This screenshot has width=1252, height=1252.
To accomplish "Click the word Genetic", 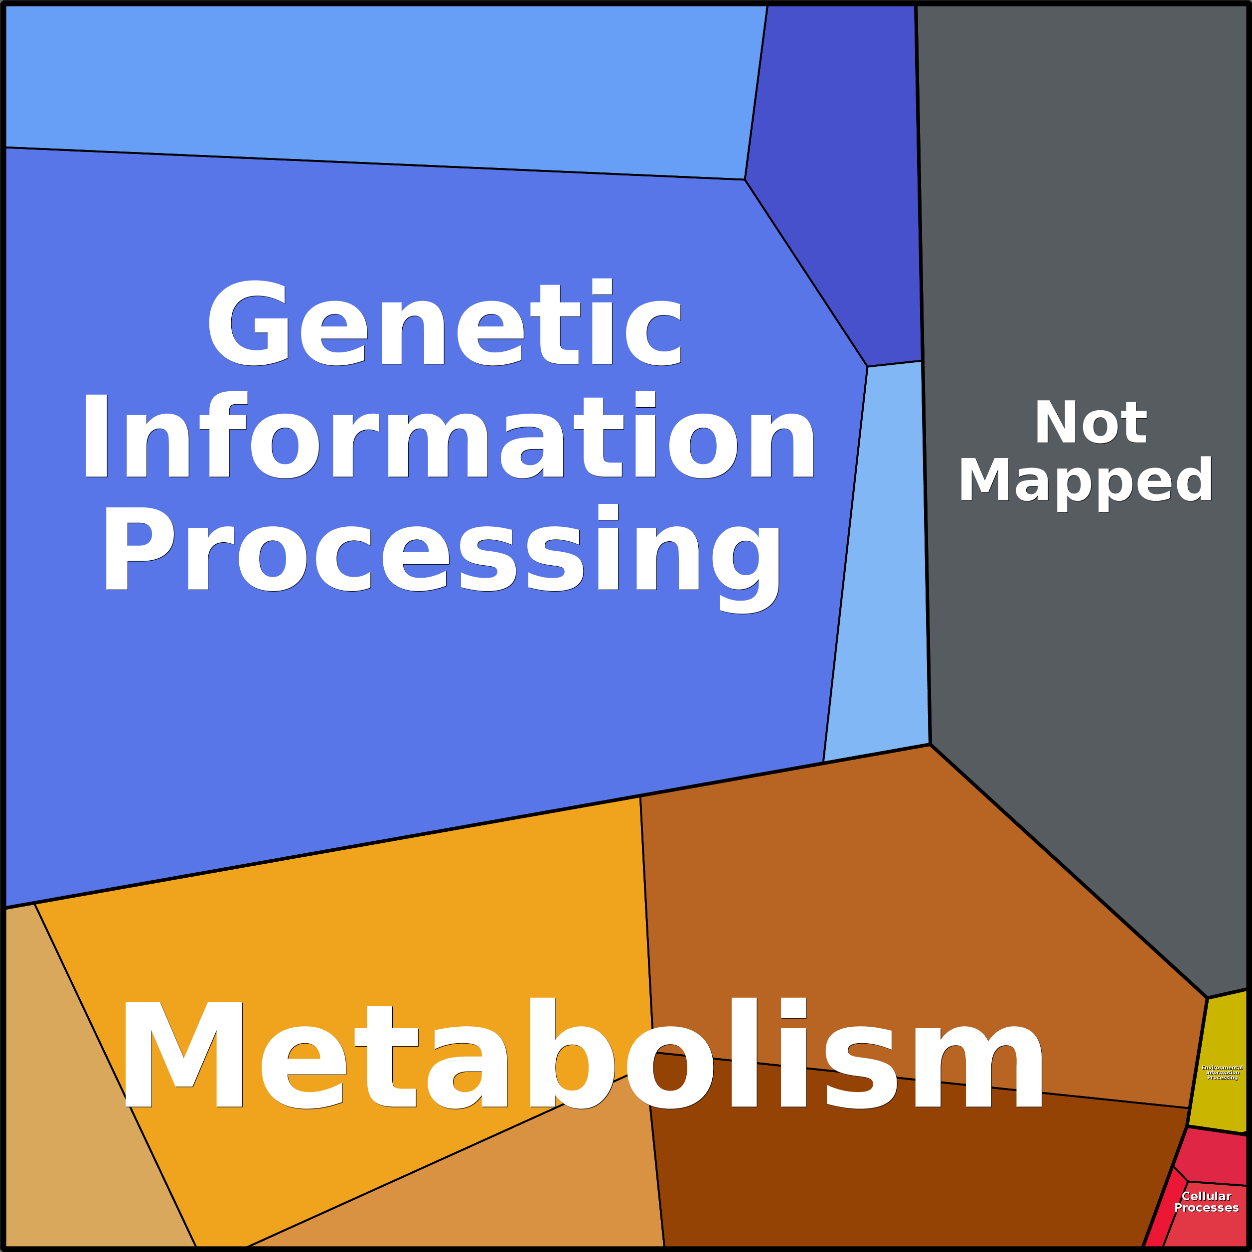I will point(445,323).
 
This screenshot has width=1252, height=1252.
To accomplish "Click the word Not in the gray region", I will point(1090,423).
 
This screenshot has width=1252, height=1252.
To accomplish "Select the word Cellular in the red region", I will point(1206,1196).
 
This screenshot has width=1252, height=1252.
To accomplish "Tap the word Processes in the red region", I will point(1206,1208).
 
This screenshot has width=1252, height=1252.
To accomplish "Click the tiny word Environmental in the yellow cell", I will point(1222,1067).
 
